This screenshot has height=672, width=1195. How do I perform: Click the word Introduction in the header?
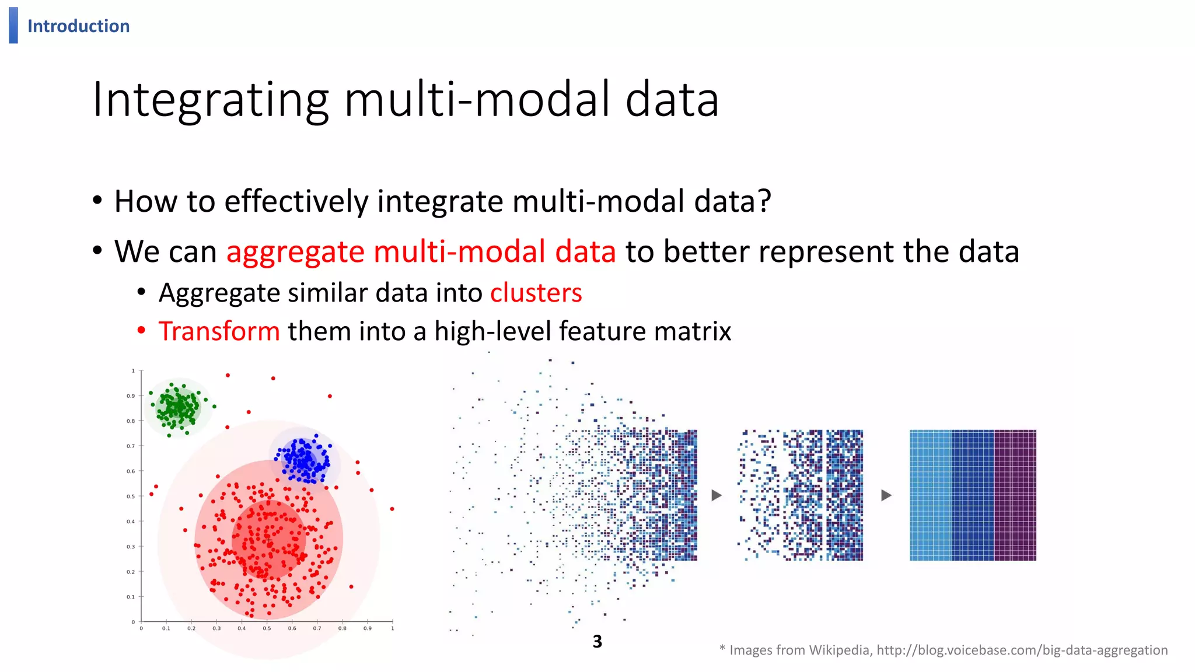tap(78, 26)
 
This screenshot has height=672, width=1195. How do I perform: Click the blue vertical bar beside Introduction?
tap(13, 25)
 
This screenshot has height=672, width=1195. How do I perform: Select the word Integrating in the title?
tap(210, 100)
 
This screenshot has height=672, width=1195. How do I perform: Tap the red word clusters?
tap(536, 293)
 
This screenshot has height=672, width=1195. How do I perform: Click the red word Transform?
tap(219, 331)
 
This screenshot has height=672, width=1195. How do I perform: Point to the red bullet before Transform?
tap(141, 331)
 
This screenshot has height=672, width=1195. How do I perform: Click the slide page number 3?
tap(597, 642)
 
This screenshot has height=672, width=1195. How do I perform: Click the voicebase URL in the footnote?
tap(1022, 650)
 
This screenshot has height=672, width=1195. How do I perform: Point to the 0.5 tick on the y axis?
tap(131, 496)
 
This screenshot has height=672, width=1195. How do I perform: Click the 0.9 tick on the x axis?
tap(367, 628)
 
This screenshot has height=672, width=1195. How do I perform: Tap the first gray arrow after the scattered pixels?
tap(717, 495)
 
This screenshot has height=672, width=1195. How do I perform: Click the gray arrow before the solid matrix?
tap(886, 495)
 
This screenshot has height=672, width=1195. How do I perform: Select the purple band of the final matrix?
tap(1015, 495)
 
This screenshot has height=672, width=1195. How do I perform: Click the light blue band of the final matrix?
tap(931, 495)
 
